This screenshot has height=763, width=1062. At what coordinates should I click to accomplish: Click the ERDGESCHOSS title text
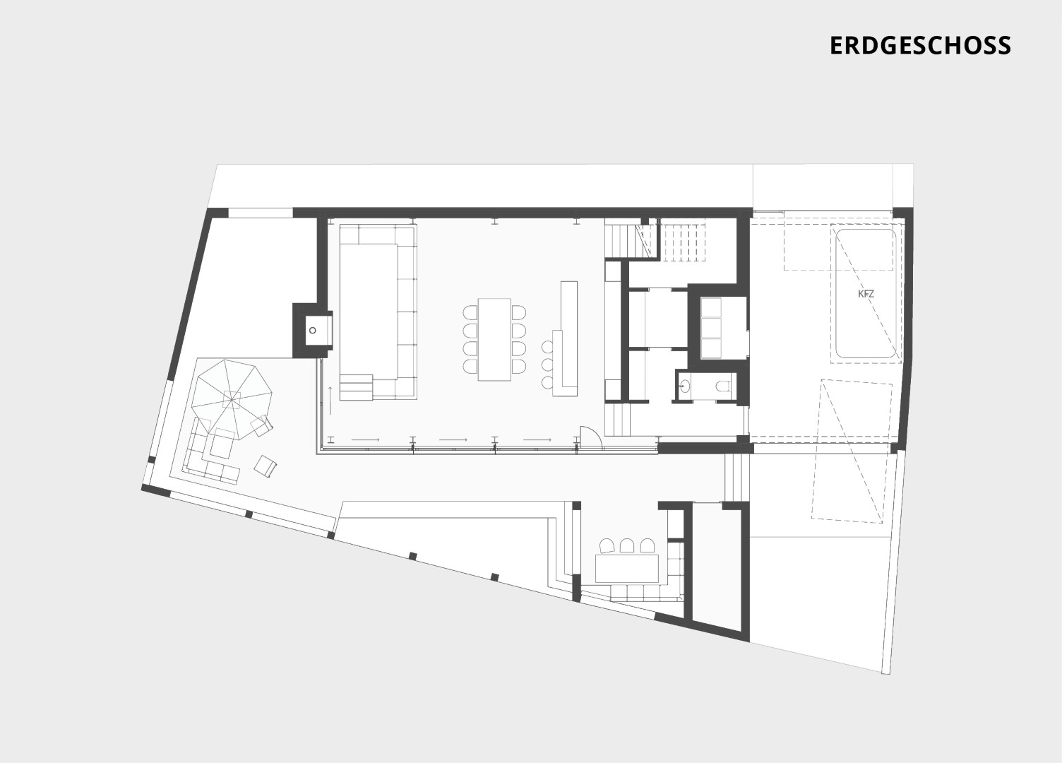[920, 45]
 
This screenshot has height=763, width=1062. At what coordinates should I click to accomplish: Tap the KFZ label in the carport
[866, 294]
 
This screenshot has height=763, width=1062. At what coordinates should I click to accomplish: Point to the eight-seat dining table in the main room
[494, 339]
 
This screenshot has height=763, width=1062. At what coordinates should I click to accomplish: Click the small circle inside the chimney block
[313, 330]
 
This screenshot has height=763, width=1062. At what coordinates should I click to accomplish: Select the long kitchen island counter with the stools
[565, 338]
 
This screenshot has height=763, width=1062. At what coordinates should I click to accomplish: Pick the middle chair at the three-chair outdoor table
[627, 546]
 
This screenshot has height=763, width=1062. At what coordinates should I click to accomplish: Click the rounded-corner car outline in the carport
[866, 293]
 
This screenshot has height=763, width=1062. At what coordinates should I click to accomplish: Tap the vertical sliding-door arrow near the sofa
[330, 401]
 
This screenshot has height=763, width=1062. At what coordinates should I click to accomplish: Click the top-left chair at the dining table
[470, 313]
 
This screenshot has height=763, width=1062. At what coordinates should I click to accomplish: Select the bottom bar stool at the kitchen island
[547, 382]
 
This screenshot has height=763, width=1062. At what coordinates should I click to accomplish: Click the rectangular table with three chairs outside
[627, 567]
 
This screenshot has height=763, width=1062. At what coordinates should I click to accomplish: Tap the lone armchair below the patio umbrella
[265, 466]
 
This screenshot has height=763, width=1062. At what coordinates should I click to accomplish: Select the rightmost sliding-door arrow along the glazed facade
[537, 440]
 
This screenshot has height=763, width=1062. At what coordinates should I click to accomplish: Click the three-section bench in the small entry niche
[710, 328]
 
